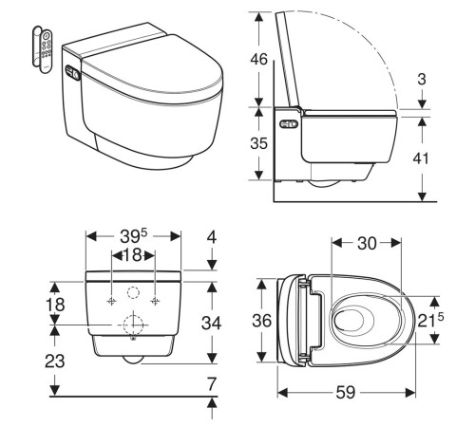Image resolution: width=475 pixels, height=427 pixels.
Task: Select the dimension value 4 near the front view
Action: (x=213, y=236)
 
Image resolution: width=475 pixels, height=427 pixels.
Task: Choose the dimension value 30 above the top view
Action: (x=369, y=244)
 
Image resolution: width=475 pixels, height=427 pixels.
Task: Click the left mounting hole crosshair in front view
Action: (x=112, y=301)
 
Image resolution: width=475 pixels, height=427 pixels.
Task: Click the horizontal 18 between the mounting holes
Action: (x=132, y=256)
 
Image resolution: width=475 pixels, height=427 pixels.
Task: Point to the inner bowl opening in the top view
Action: (x=358, y=320)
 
